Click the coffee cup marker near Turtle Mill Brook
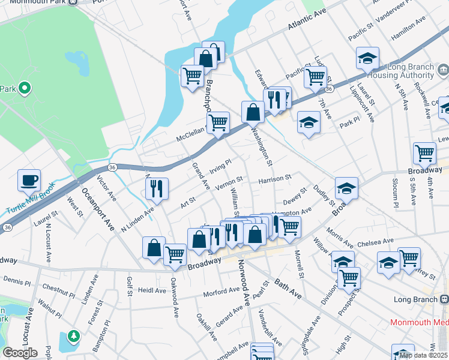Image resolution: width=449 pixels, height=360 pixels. click(x=29, y=179)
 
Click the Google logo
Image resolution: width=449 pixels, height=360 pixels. click(x=19, y=353)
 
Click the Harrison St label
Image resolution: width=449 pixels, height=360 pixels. click(x=274, y=178)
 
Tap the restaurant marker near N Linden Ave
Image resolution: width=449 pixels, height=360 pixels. click(x=156, y=188)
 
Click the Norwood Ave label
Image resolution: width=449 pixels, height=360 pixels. click(x=244, y=280)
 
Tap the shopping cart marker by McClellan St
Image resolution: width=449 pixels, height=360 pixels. click(x=218, y=122)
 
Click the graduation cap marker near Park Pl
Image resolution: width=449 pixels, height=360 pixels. click(x=309, y=122)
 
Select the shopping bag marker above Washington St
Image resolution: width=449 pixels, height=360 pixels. click(x=253, y=112)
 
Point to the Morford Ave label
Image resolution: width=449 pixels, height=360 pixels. click(x=221, y=292)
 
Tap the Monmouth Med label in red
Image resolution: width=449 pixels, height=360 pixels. click(x=419, y=322)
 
